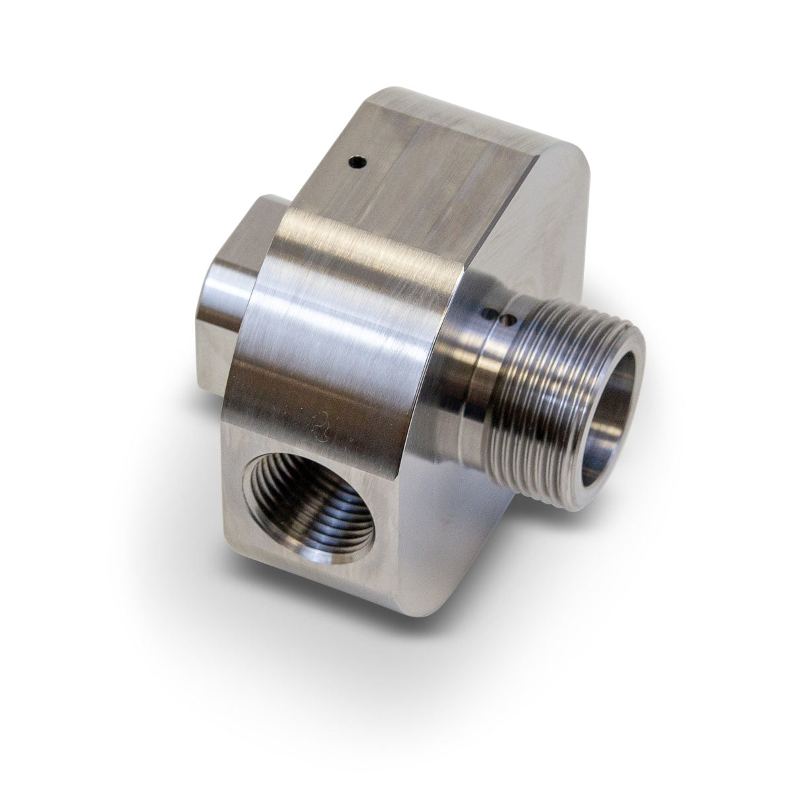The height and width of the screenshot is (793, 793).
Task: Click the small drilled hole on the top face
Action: click(357, 161)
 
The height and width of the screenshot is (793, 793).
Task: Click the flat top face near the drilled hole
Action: click(423, 172)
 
